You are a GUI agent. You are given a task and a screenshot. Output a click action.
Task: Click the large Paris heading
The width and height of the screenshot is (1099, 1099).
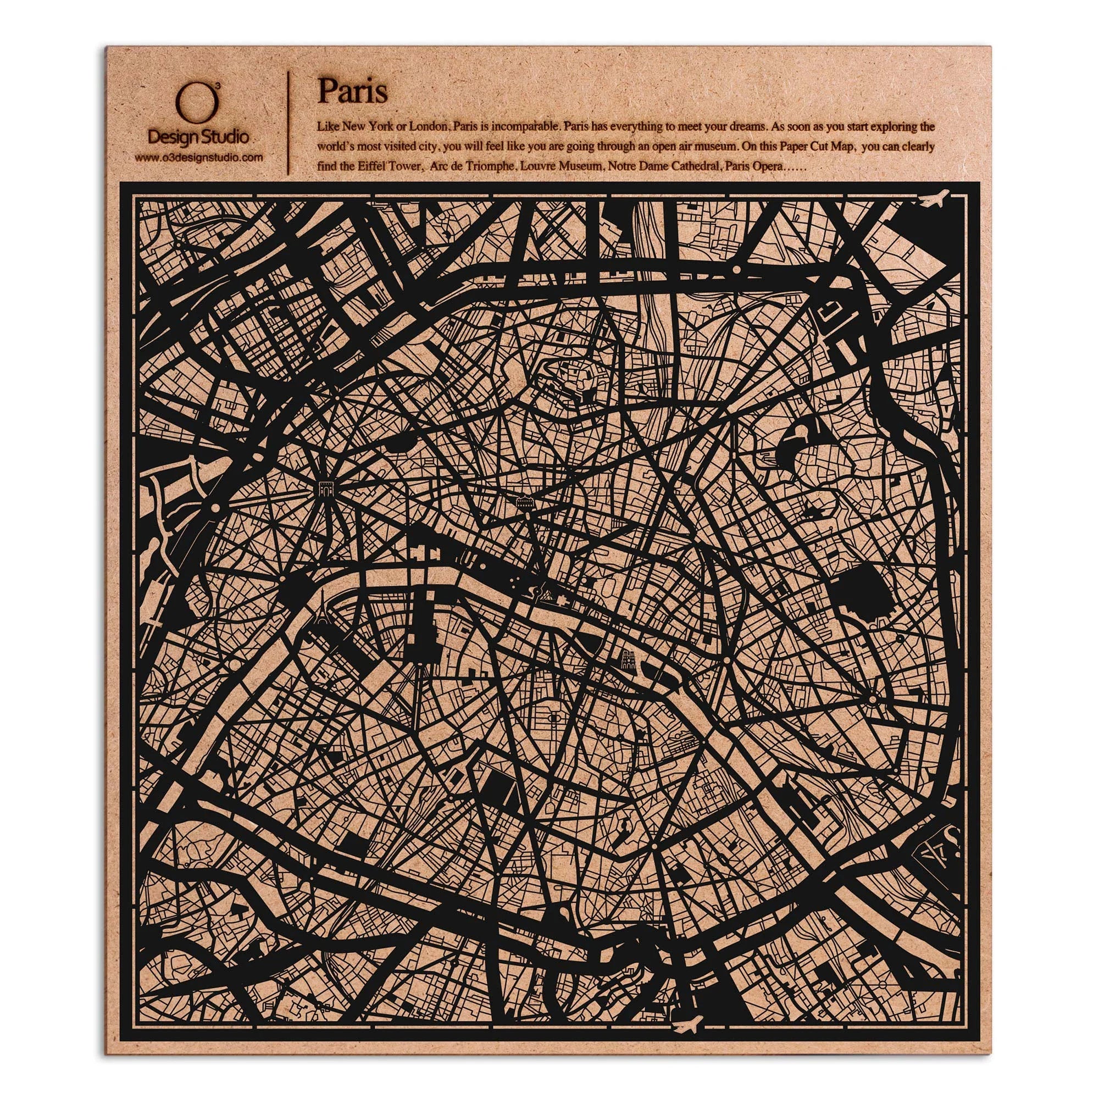[x=352, y=91]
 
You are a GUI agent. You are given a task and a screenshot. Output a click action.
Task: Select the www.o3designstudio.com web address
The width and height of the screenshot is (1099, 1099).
[x=198, y=158]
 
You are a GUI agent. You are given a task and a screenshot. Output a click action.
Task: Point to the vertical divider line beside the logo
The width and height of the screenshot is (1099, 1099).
[x=289, y=123]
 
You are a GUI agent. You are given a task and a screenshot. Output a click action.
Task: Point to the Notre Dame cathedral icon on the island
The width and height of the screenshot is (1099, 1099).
[x=628, y=660]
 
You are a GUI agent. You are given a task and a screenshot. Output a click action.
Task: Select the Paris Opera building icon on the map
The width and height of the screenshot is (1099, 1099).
[x=524, y=502]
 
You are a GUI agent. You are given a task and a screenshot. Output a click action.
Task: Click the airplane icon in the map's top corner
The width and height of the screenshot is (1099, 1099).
[x=935, y=199]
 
